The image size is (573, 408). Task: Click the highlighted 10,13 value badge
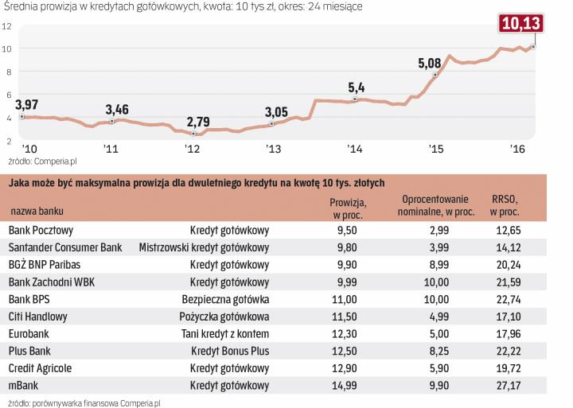pos(520,23)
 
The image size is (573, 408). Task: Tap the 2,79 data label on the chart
pos(199,122)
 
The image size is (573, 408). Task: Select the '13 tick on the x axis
pos(273,149)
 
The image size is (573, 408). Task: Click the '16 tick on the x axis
pos(516,149)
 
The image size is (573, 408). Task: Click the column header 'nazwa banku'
pos(37,211)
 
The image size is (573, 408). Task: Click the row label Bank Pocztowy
pos(41,230)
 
